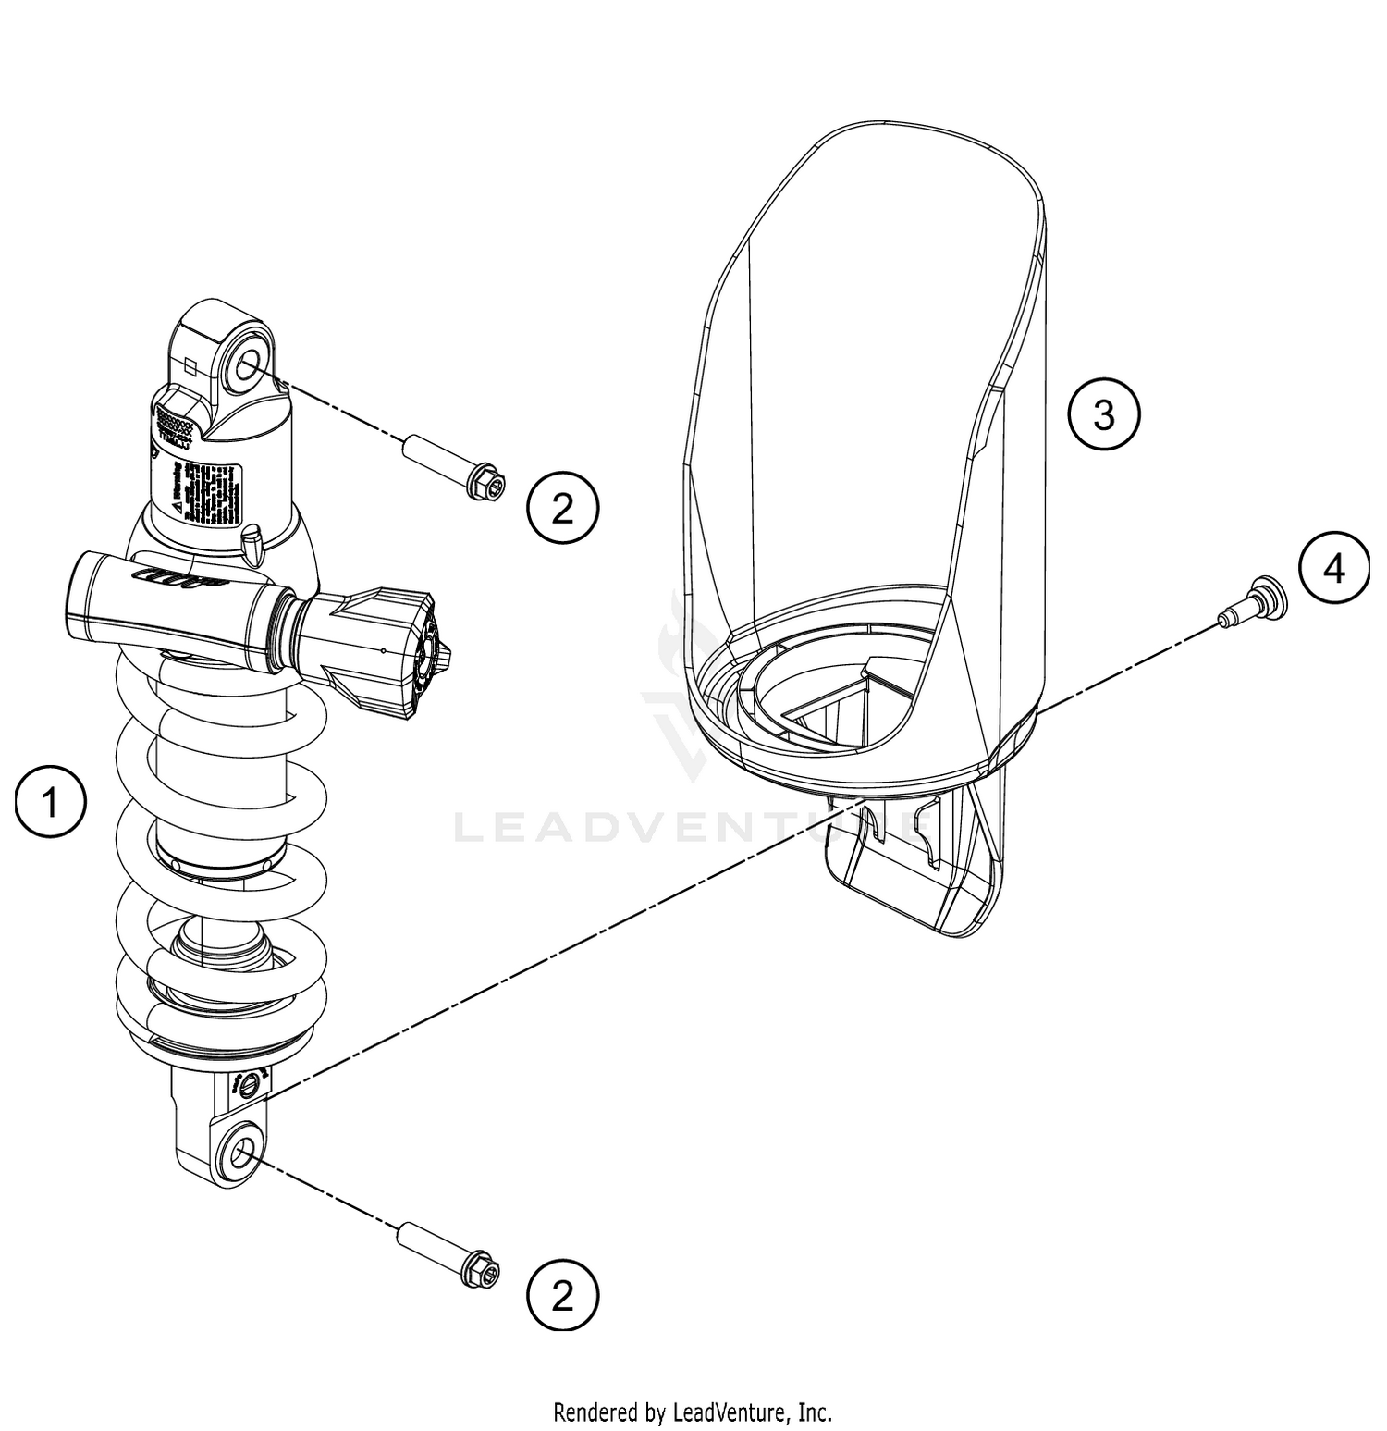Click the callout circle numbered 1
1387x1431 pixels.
click(x=51, y=801)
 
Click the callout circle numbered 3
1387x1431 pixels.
click(x=1104, y=415)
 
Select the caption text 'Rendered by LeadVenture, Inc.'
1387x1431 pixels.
click(x=693, y=1412)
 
